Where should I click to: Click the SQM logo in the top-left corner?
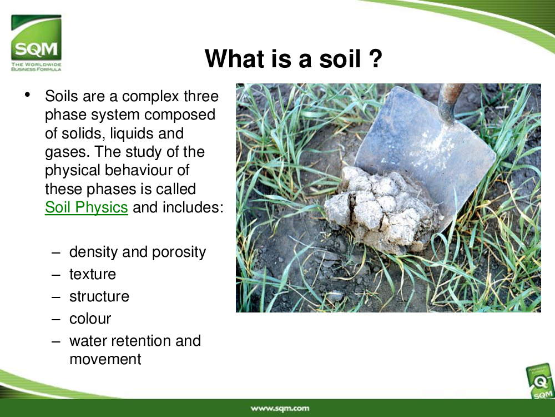pos(36,43)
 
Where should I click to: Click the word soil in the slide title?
pos(340,58)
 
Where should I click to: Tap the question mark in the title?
pos(376,58)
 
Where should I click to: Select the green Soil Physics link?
pos(87,207)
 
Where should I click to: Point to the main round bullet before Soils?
pos(28,95)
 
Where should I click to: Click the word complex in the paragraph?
pos(151,97)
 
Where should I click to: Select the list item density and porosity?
pos(138,252)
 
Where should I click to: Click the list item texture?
pos(93,275)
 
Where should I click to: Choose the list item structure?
pos(99,297)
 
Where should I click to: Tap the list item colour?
pos(90,319)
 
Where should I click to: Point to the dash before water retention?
pos(56,341)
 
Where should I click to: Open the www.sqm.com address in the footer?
pos(280,409)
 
